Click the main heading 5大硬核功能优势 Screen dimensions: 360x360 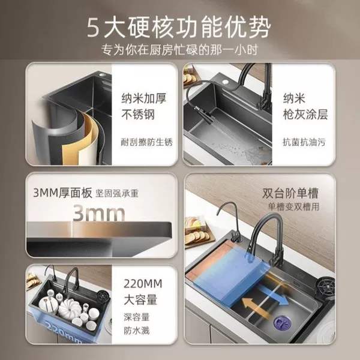click(x=179, y=28)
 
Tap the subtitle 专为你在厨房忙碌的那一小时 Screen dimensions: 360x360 click(x=180, y=50)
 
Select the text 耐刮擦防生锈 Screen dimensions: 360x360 click(x=147, y=142)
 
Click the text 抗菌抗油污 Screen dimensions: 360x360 click(x=304, y=142)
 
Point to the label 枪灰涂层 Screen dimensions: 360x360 click(x=305, y=115)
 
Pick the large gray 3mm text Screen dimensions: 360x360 click(x=99, y=214)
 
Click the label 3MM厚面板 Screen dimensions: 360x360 click(x=62, y=193)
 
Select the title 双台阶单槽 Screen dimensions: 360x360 click(x=290, y=194)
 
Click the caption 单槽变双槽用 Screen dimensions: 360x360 click(x=293, y=207)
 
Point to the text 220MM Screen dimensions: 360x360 click(x=143, y=284)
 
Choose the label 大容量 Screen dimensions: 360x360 click(x=140, y=299)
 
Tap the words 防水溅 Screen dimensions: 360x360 click(x=137, y=331)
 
